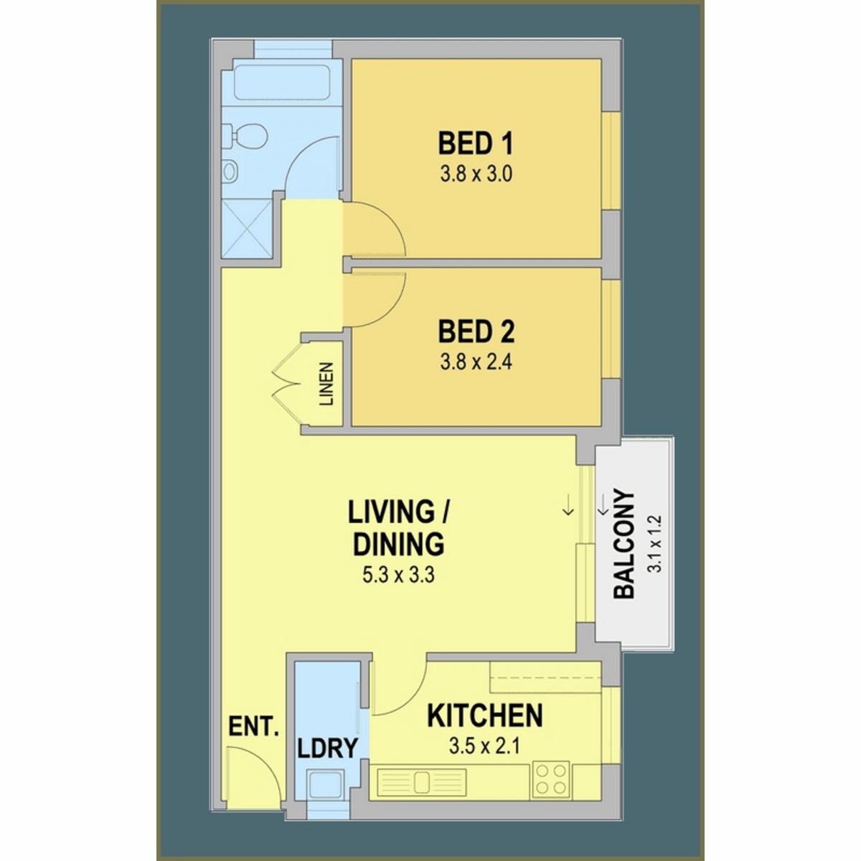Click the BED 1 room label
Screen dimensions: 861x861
coord(476,144)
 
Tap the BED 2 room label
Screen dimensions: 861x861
coord(476,331)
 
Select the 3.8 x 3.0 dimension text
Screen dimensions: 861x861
coord(476,174)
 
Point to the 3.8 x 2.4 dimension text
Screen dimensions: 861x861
coord(476,362)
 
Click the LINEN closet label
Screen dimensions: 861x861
coord(326,383)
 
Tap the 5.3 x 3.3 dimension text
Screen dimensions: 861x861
coord(398,575)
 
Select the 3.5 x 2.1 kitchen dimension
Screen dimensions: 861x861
coord(485,746)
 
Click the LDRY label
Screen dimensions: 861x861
coord(328,748)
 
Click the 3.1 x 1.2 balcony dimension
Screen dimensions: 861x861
coord(656,544)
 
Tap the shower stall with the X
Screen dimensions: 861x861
coord(247,229)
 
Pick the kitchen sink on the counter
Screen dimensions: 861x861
coord(421,782)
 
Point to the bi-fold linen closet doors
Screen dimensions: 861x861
coord(287,384)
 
